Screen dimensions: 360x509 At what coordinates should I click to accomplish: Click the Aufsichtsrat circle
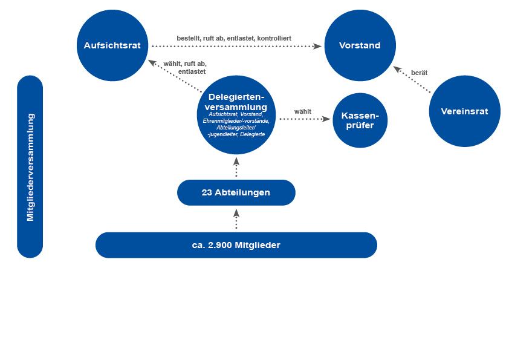(112, 45)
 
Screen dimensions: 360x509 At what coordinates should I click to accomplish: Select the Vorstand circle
(360, 45)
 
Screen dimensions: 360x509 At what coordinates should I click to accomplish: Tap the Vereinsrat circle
(464, 111)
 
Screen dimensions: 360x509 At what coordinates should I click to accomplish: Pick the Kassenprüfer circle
(360, 120)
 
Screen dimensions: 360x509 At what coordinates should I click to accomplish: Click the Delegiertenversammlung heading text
(236, 102)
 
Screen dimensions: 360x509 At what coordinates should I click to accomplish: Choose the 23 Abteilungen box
(236, 192)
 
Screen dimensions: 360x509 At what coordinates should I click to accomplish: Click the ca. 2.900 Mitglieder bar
(236, 245)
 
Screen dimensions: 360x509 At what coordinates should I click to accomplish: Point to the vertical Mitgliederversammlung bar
(30, 166)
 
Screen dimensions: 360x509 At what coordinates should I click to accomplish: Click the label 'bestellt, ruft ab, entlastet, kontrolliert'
(233, 38)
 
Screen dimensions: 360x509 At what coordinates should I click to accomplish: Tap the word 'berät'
(419, 73)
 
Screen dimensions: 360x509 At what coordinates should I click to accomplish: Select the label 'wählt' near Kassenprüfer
(303, 111)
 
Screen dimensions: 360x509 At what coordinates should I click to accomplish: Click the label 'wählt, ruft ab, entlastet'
(184, 67)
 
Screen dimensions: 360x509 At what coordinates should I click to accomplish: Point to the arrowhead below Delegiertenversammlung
(236, 161)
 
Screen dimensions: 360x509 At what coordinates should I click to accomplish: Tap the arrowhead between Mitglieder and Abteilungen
(236, 213)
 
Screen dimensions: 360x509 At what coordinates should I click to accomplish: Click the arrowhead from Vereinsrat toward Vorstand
(398, 69)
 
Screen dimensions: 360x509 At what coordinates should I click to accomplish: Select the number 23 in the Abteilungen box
(207, 192)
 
